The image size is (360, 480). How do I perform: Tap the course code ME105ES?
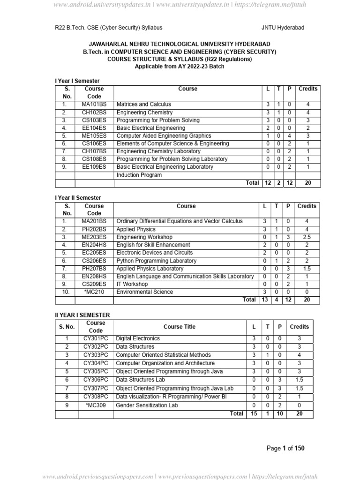pyautogui.click(x=94, y=135)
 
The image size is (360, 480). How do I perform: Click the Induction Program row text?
pyautogui.click(x=139, y=175)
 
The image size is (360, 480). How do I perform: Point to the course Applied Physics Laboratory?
pyautogui.click(x=150, y=269)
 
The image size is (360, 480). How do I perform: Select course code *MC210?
pyautogui.click(x=94, y=292)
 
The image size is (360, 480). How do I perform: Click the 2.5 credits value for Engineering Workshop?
pyautogui.click(x=307, y=237)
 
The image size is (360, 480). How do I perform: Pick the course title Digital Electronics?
pyautogui.click(x=138, y=338)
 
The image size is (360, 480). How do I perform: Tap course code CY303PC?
pyautogui.click(x=96, y=355)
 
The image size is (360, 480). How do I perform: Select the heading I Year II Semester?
pyautogui.click(x=78, y=198)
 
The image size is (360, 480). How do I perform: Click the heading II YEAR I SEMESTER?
pyautogui.click(x=82, y=315)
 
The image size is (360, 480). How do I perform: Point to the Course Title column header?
pyautogui.click(x=180, y=327)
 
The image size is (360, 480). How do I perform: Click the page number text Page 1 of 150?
pyautogui.click(x=285, y=449)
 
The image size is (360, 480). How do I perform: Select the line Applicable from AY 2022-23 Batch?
pyautogui.click(x=180, y=67)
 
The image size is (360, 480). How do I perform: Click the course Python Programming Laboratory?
pyautogui.click(x=157, y=261)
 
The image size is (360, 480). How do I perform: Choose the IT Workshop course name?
pyautogui.click(x=132, y=284)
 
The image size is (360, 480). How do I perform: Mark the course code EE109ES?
pyautogui.click(x=94, y=167)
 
